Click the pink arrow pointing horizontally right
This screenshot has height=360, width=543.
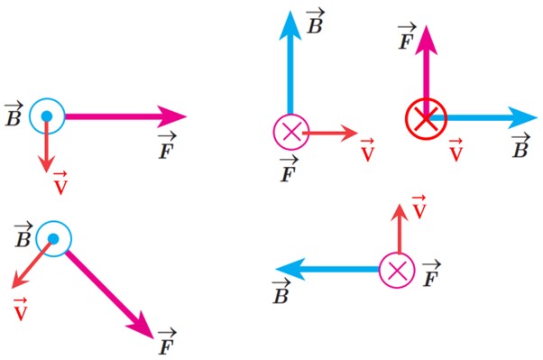click(125, 116)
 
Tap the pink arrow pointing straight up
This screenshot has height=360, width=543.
click(426, 71)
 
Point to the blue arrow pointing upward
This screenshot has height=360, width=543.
click(290, 62)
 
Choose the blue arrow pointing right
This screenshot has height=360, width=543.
click(483, 118)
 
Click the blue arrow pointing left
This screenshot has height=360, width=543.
click(327, 269)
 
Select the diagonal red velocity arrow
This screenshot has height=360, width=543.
click(32, 264)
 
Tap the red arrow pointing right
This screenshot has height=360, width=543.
click(330, 133)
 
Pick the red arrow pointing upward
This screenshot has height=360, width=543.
click(400, 228)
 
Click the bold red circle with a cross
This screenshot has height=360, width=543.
click(426, 118)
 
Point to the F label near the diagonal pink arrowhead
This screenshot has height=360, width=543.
click(167, 343)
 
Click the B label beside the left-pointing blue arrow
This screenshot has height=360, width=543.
click(281, 292)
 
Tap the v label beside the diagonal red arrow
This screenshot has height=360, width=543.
click(21, 309)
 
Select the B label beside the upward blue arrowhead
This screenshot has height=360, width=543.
click(315, 22)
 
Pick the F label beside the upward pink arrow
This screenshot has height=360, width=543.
click(407, 37)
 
